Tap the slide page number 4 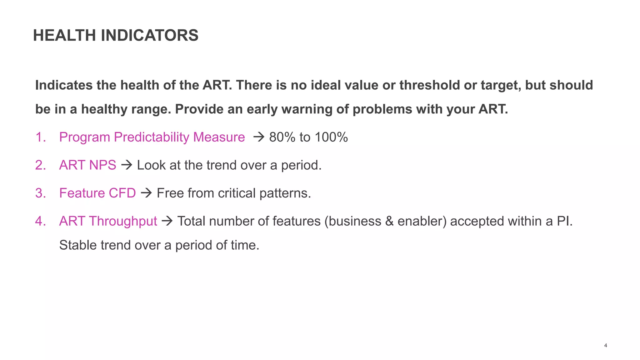606,345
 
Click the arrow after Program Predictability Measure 259,137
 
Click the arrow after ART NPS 127,165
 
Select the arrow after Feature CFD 146,193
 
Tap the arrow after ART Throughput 167,221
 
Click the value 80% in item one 282,137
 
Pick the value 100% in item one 331,137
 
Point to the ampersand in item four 389,221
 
